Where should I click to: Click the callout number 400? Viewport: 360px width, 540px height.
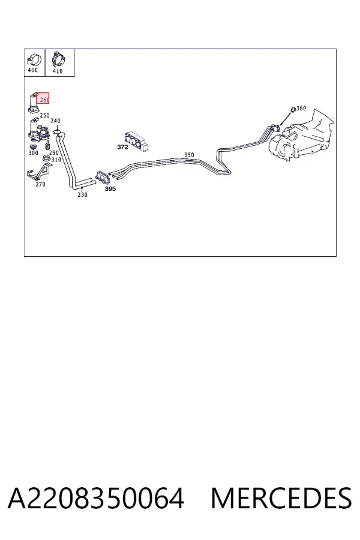pos(32,70)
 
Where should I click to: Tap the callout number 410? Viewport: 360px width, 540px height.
pos(58,71)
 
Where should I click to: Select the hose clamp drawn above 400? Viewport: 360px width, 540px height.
pos(34,59)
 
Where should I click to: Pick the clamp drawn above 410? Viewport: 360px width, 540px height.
pos(58,59)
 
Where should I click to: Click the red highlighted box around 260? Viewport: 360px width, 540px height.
pos(43,98)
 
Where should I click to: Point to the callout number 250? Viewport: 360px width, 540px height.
pos(44,115)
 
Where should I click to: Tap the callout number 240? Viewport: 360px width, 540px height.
pos(55,121)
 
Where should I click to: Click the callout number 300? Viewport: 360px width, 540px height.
pos(33,152)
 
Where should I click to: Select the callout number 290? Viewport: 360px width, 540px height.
pos(54,152)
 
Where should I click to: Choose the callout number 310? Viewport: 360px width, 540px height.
pos(56,160)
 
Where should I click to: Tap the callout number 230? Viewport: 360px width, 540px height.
pos(82,194)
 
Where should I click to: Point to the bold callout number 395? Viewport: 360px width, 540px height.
pos(110,189)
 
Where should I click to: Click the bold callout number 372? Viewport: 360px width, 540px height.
pos(122,147)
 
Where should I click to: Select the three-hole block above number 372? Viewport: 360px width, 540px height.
pos(137,142)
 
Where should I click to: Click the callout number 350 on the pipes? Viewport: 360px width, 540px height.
pos(189,155)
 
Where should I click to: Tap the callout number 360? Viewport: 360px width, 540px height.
pos(301,108)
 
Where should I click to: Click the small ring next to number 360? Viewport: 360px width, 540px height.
pos(292,110)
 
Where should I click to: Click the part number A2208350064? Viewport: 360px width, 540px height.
pos(96,498)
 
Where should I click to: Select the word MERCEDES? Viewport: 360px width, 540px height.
pos(281,498)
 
